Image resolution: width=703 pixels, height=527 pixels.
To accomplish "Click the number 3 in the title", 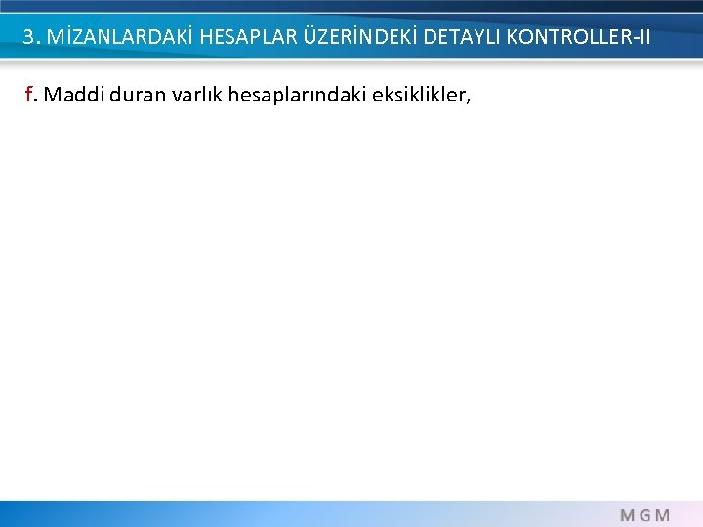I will [28, 38].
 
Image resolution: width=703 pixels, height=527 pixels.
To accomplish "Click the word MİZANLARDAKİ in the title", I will [110, 38].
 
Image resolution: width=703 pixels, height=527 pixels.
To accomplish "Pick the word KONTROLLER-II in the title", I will [578, 38].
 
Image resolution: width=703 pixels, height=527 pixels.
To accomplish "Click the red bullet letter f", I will [29, 95].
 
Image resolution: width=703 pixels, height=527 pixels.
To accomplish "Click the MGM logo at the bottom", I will [645, 514].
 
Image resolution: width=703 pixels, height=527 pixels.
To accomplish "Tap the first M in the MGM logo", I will [628, 514].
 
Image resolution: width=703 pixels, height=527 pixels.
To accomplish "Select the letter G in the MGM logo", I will [645, 514].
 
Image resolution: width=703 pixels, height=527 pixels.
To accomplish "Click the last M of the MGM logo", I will [663, 514].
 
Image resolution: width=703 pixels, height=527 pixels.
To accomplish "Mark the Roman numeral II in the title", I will [641, 38].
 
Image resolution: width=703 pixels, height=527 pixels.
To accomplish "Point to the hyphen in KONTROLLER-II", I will [630, 39].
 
